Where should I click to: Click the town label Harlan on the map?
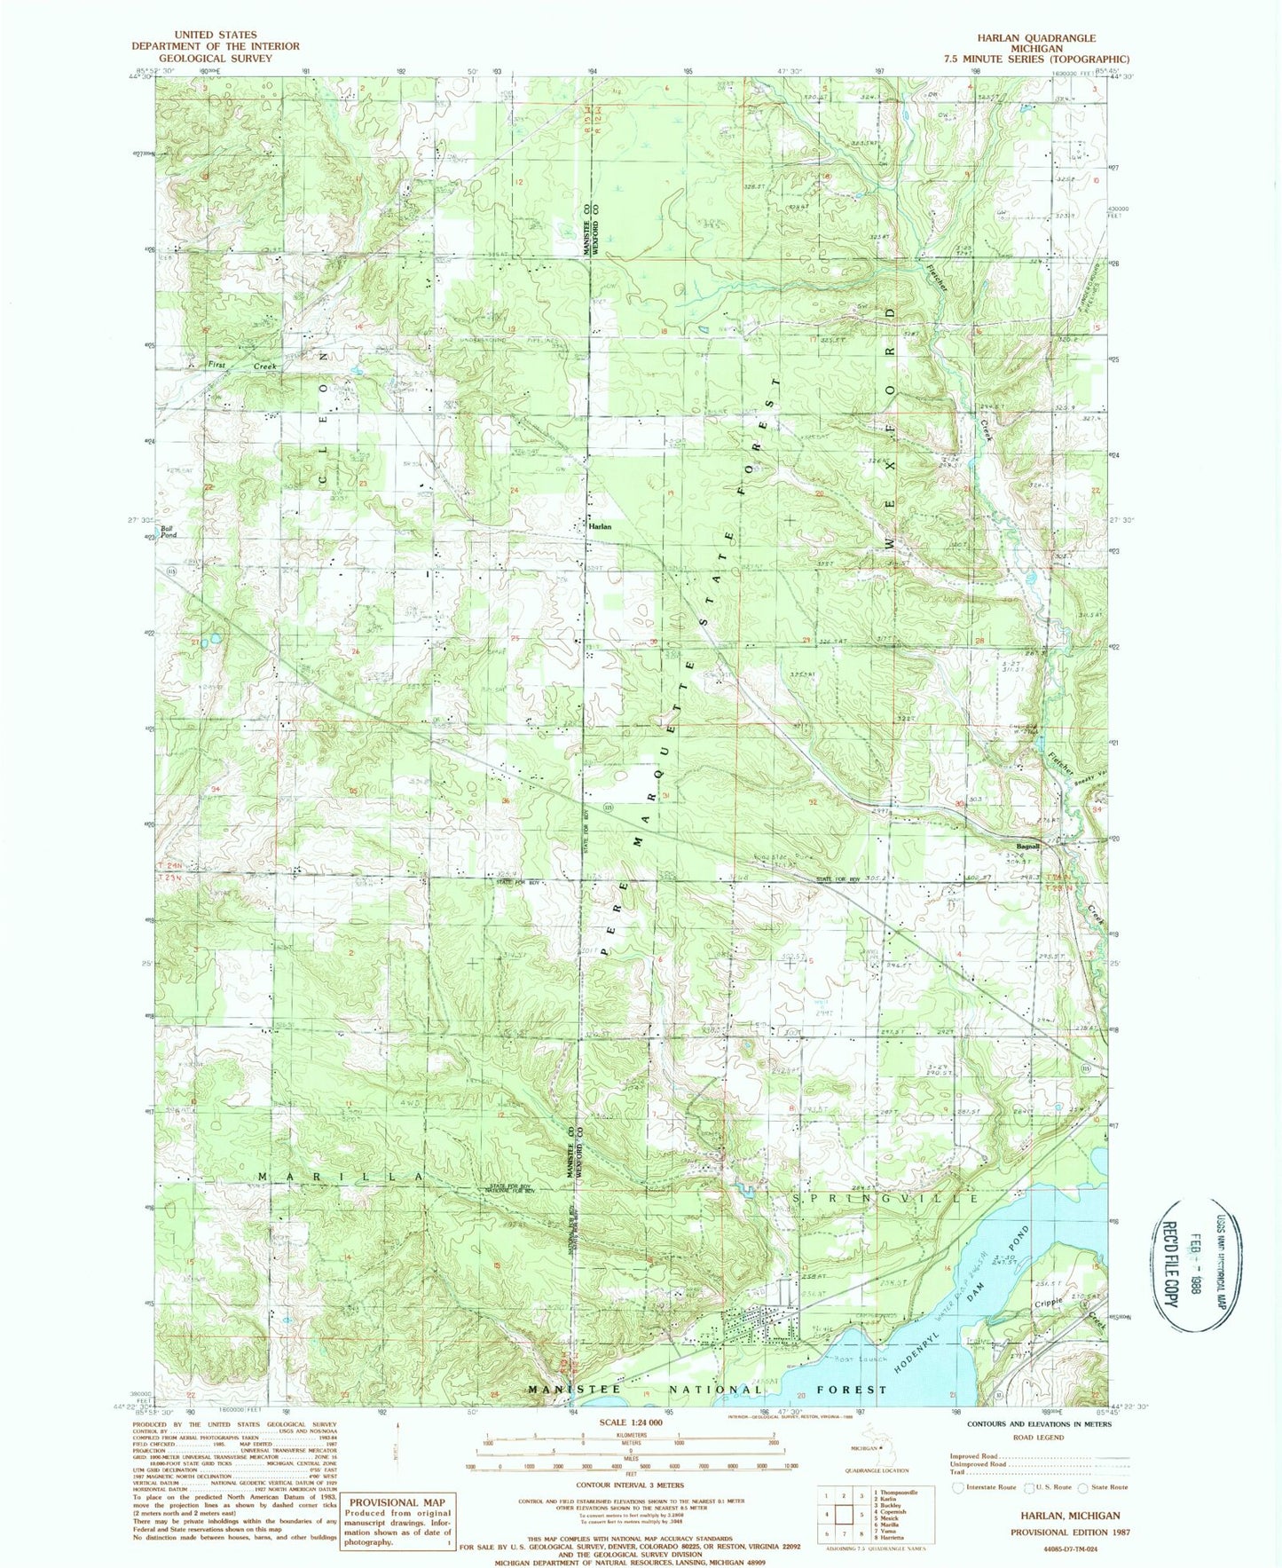[x=600, y=526]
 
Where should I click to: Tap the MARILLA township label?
[x=339, y=1177]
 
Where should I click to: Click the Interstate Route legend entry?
[x=985, y=1487]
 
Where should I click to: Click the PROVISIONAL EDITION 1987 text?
[x=1064, y=1533]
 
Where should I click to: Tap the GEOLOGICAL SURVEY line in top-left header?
[x=215, y=58]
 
